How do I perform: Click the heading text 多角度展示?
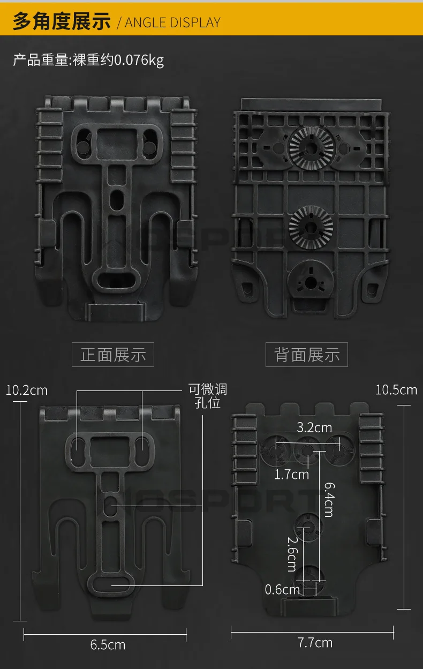pos(62,21)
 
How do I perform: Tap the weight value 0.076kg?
pos(140,60)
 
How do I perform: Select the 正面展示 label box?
pos(113,355)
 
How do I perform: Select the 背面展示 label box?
pos(307,355)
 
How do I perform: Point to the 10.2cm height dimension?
pos(27,390)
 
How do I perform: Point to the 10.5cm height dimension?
pos(396,389)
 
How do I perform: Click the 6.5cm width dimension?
pos(108,644)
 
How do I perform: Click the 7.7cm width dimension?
pos(315,643)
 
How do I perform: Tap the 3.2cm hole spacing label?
pos(314,427)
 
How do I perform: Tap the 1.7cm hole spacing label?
pos(292,474)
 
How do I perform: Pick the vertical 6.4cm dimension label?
pos(328,499)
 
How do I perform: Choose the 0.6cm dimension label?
pos(282,590)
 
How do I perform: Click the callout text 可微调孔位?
pos(208,395)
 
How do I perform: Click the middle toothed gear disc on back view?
pos(311,227)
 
